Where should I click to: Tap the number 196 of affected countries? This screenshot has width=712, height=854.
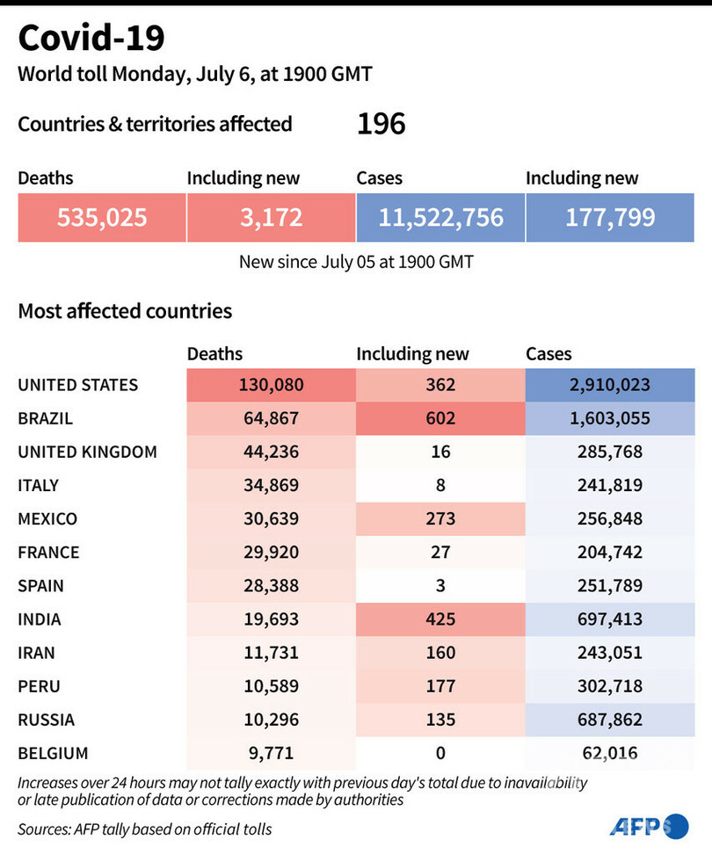click(x=381, y=124)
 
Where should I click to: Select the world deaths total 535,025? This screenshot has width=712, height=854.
click(x=102, y=217)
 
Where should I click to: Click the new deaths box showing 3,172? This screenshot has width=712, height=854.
click(x=271, y=217)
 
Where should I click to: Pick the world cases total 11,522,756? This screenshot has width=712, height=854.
click(x=440, y=217)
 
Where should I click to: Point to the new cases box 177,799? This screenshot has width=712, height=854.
click(x=610, y=217)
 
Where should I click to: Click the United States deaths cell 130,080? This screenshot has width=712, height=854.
click(x=271, y=385)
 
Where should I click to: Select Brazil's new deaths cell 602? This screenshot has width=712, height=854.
click(x=440, y=418)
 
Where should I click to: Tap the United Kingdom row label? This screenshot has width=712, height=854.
click(x=88, y=452)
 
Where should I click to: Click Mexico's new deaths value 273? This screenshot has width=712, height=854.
click(x=440, y=518)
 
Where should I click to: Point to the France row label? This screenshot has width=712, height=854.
click(x=49, y=553)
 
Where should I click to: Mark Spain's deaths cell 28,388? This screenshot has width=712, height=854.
click(x=271, y=586)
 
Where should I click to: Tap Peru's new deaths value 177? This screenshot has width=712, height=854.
click(x=440, y=686)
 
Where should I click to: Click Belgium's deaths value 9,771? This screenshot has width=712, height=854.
click(x=271, y=753)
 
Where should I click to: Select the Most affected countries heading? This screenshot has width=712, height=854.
click(x=125, y=311)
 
